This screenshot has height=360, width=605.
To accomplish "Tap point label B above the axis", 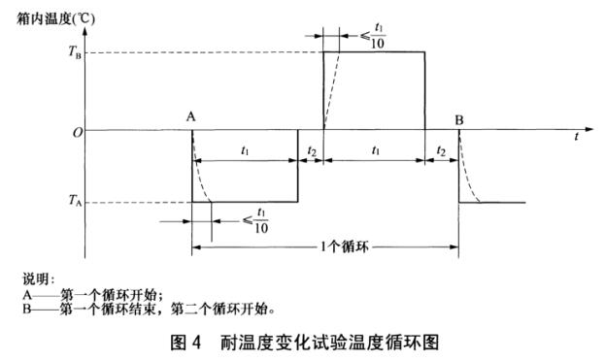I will (459, 117).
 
